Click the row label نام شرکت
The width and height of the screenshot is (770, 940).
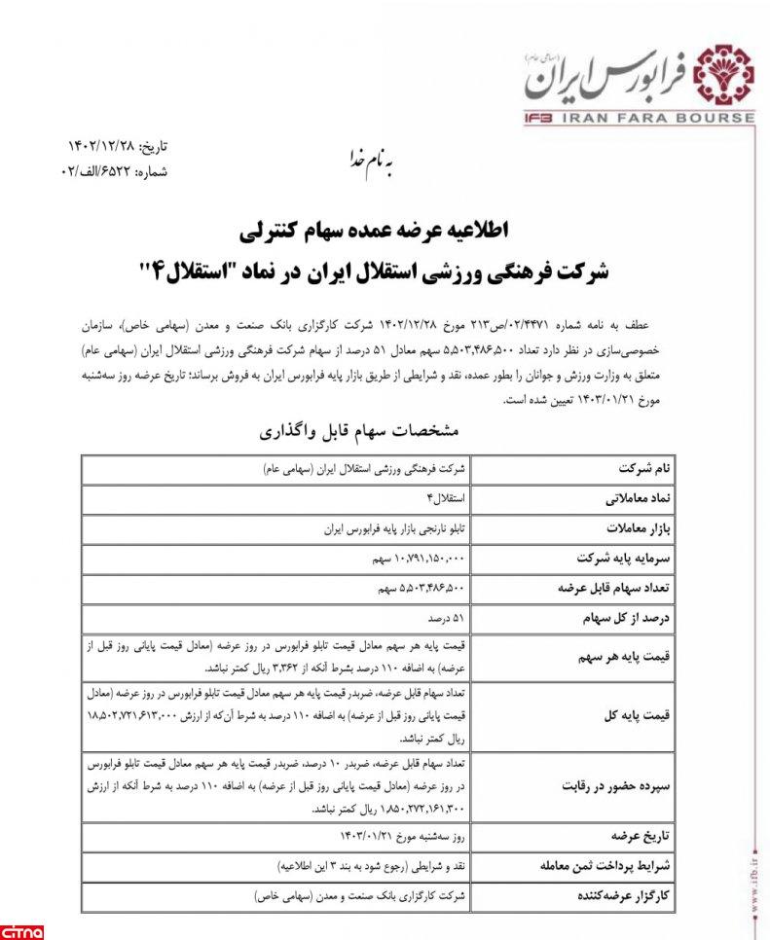(673, 468)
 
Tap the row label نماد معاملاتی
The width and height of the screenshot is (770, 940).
(662, 498)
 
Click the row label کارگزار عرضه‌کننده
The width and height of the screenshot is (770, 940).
(646, 894)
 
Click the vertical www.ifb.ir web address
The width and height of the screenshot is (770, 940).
(756, 876)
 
